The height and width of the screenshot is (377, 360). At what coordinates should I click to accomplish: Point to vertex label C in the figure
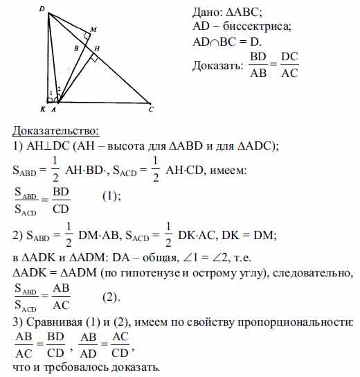click(151, 109)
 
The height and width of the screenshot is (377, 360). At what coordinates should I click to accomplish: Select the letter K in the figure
click(43, 109)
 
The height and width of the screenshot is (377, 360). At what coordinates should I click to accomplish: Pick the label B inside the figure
click(78, 49)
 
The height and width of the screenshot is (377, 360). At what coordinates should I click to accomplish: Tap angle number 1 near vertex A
click(51, 93)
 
